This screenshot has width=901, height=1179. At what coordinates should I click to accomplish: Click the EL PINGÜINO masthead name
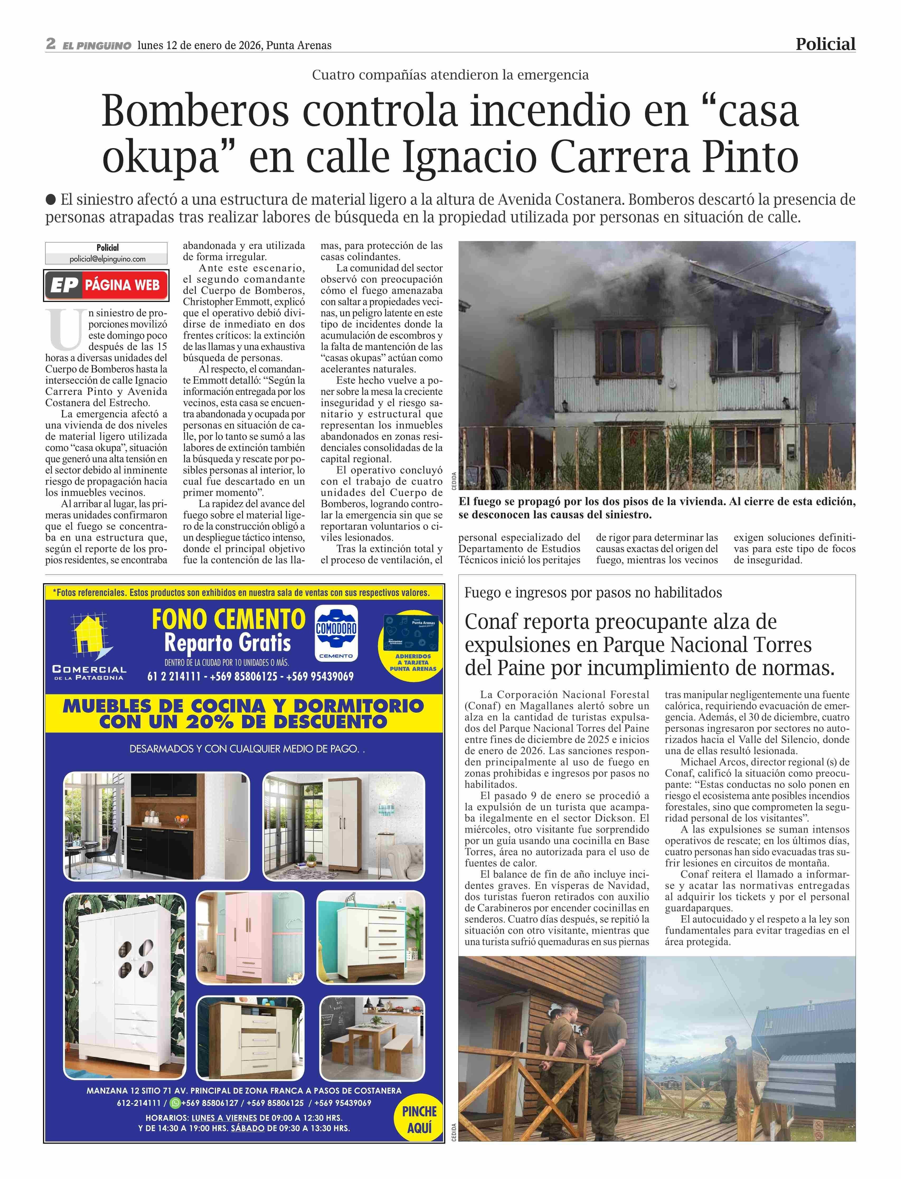(x=97, y=46)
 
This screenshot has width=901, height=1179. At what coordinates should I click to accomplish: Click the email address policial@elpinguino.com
(x=107, y=259)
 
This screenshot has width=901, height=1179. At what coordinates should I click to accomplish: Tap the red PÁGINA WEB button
(x=106, y=285)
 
